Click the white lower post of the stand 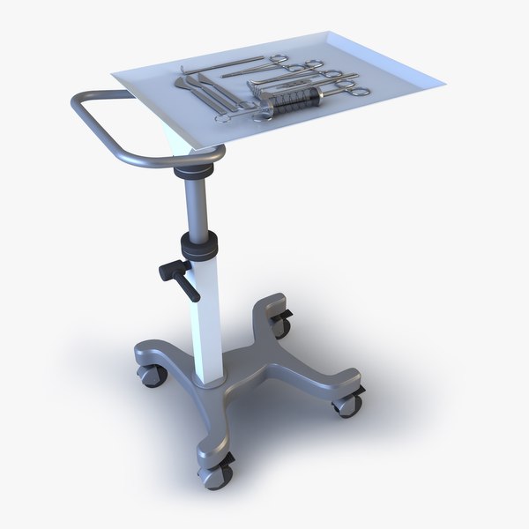point(205,317)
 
